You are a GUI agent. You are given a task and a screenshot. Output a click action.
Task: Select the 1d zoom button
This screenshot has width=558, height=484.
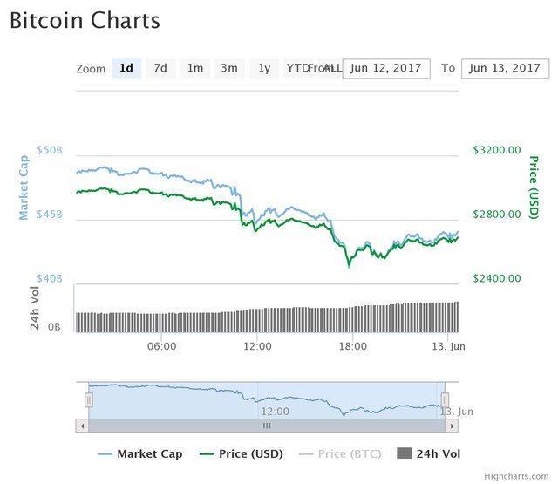pos(126,68)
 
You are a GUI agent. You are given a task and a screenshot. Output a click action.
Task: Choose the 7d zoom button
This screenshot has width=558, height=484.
pos(160,68)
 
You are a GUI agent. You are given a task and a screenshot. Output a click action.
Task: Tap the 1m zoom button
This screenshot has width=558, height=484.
pos(195,68)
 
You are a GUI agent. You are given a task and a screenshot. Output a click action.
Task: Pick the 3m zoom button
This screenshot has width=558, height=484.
pos(229,68)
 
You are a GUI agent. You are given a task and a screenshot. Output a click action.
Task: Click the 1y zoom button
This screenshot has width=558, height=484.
pos(263,68)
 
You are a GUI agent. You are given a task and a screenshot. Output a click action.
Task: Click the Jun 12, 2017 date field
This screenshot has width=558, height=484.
pos(386,68)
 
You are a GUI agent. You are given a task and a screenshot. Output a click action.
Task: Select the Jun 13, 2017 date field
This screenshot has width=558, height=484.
pos(505,68)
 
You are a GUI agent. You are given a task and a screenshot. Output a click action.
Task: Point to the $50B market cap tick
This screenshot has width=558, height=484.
pos(50,150)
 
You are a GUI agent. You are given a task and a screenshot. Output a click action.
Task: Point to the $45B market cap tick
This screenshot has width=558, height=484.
pos(50,215)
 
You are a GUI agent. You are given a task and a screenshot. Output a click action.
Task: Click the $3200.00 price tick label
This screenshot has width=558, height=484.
pos(496,150)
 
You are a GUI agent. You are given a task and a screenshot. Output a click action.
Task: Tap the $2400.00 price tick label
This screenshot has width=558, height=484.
pos(496,278)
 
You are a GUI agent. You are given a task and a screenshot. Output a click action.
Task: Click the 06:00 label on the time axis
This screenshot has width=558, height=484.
pos(162,346)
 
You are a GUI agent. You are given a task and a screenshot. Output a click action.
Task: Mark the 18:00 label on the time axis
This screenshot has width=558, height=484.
pos(353,346)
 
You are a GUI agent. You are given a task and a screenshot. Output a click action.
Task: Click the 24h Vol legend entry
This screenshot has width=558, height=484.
pos(429,453)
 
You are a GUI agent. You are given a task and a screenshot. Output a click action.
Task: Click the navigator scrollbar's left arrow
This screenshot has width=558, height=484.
pos(82,426)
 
